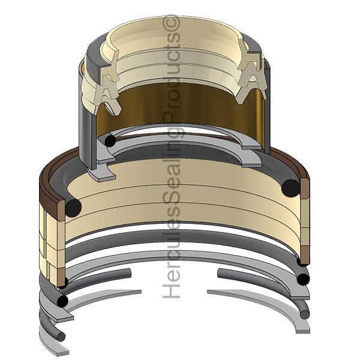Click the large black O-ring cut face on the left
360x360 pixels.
click(x=73, y=208)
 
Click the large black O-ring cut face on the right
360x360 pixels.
click(x=290, y=188)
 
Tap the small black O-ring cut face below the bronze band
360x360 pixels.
click(x=110, y=140)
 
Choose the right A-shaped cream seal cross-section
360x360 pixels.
click(x=251, y=76)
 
